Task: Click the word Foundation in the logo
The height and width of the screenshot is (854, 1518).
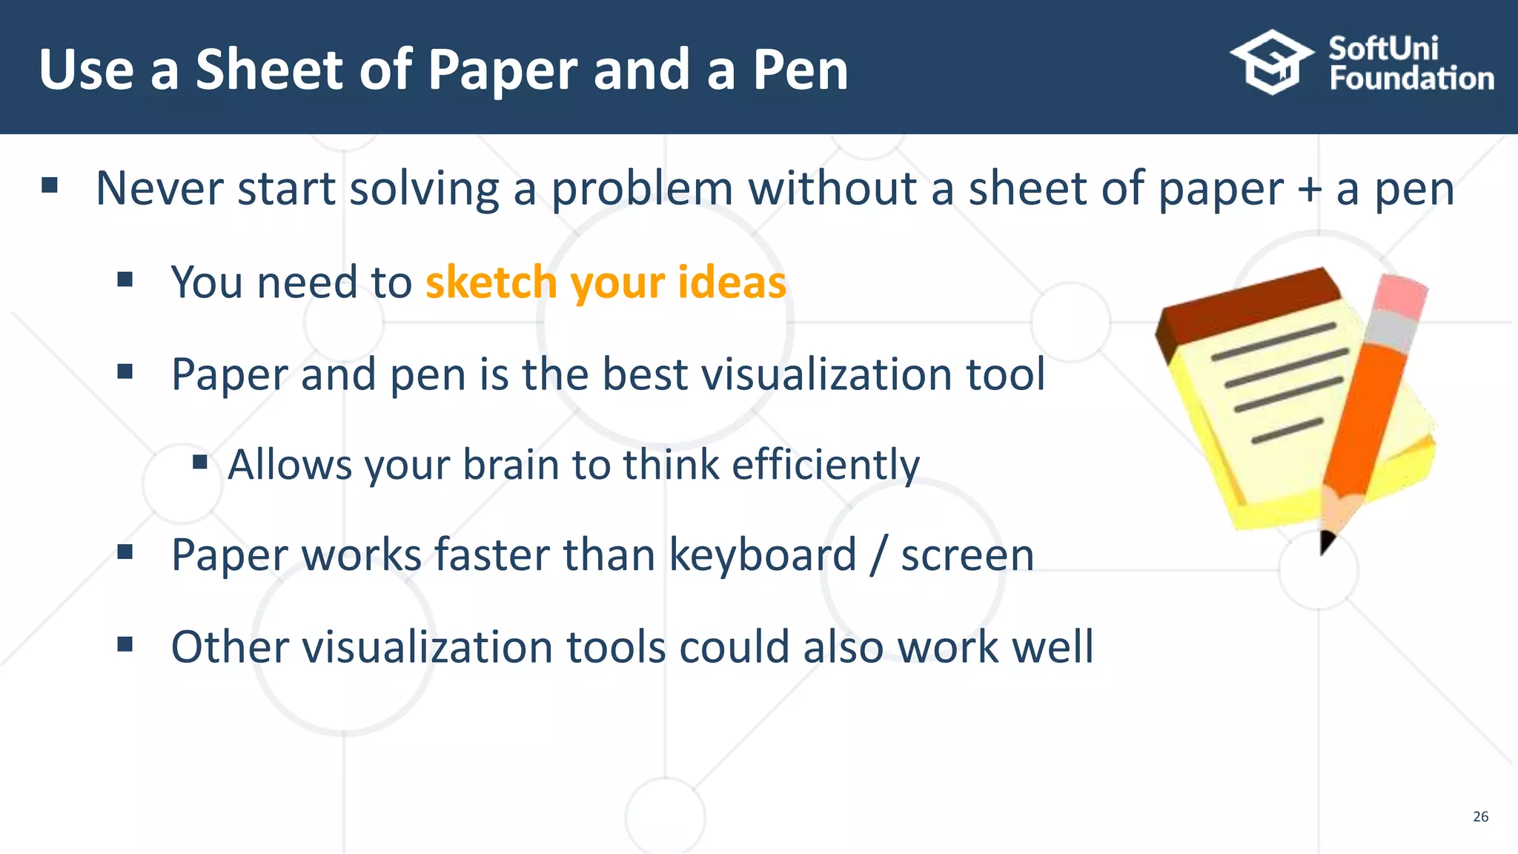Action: point(1411,79)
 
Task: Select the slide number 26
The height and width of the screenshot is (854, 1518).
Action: point(1480,816)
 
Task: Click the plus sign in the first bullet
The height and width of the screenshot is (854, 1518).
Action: point(1310,188)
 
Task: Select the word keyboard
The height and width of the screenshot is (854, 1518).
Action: point(763,555)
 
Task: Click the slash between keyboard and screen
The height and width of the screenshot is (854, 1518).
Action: point(878,555)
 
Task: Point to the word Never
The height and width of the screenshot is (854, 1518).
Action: point(159,188)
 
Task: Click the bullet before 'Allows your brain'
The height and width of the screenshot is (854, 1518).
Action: point(199,463)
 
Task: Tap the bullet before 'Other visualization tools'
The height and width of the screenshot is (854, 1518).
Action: point(125,644)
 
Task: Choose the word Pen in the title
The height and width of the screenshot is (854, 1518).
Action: point(801,70)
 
